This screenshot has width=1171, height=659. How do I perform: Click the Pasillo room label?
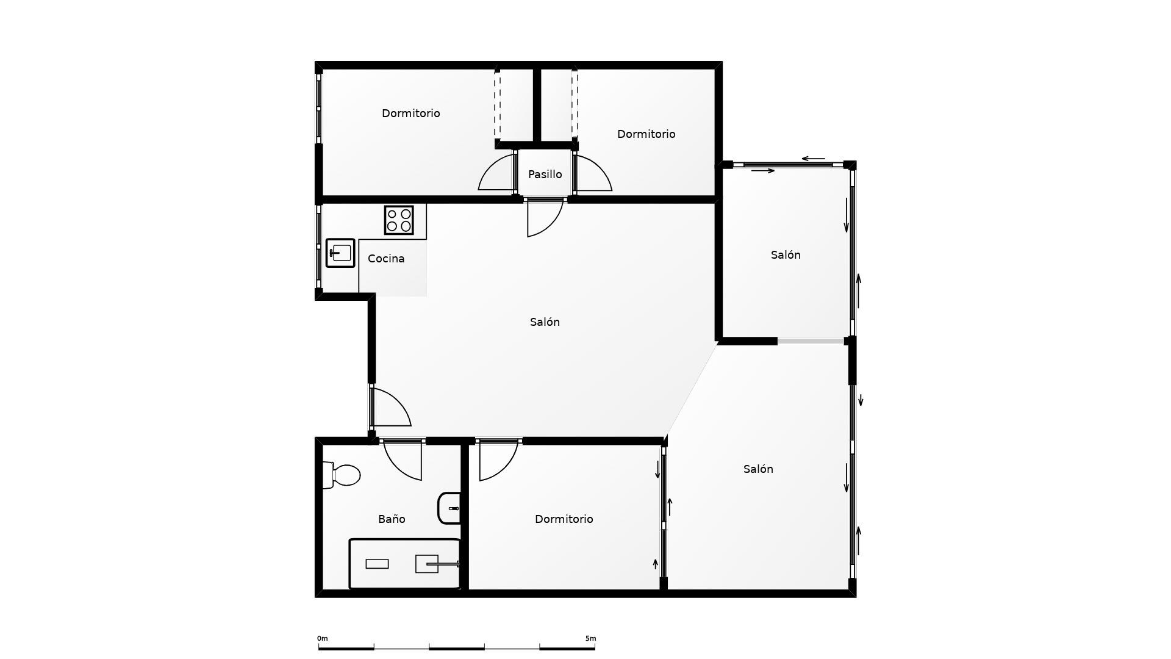tap(545, 175)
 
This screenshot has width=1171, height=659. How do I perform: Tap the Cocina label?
tap(386, 259)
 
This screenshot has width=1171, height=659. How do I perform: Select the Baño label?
tap(392, 519)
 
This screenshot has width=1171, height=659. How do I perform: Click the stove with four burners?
tap(399, 220)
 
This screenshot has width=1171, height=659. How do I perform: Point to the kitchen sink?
tap(340, 253)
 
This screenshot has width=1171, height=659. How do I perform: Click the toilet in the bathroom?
tap(343, 475)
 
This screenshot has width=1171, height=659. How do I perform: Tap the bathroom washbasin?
tap(450, 508)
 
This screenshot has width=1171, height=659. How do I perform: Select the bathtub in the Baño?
tap(404, 564)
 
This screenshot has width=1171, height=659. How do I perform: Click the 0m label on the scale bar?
tap(322, 638)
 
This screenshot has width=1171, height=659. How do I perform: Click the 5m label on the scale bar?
tap(590, 638)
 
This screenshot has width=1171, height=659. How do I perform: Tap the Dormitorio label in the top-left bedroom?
tap(410, 113)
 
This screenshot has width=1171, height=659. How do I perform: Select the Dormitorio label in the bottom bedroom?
tap(564, 519)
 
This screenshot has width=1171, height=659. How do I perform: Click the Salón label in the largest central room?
tap(545, 322)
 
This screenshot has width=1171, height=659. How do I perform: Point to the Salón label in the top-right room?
tap(786, 255)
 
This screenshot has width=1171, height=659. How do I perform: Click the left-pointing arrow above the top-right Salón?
tap(813, 159)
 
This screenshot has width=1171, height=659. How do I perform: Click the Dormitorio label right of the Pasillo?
tap(646, 134)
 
